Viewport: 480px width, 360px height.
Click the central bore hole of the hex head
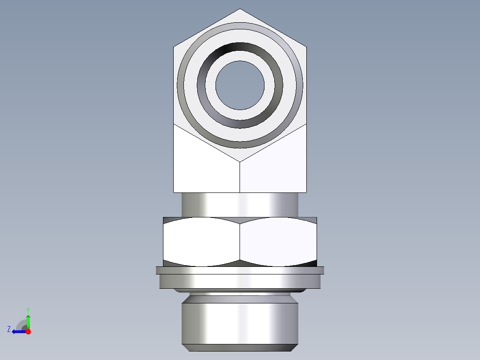coord(240,85)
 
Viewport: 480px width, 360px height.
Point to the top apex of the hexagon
coord(240,9)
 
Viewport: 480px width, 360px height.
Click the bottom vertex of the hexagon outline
coord(240,161)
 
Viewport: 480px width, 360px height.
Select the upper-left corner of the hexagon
coord(174,46)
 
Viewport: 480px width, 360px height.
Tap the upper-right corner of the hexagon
coord(306,46)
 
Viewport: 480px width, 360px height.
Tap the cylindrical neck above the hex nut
coord(240,205)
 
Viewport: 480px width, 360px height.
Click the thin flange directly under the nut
coord(240,270)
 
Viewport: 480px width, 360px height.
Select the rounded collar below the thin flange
coord(240,281)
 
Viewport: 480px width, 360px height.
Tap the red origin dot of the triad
coord(28,331)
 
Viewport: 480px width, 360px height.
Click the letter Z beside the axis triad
coord(9,329)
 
